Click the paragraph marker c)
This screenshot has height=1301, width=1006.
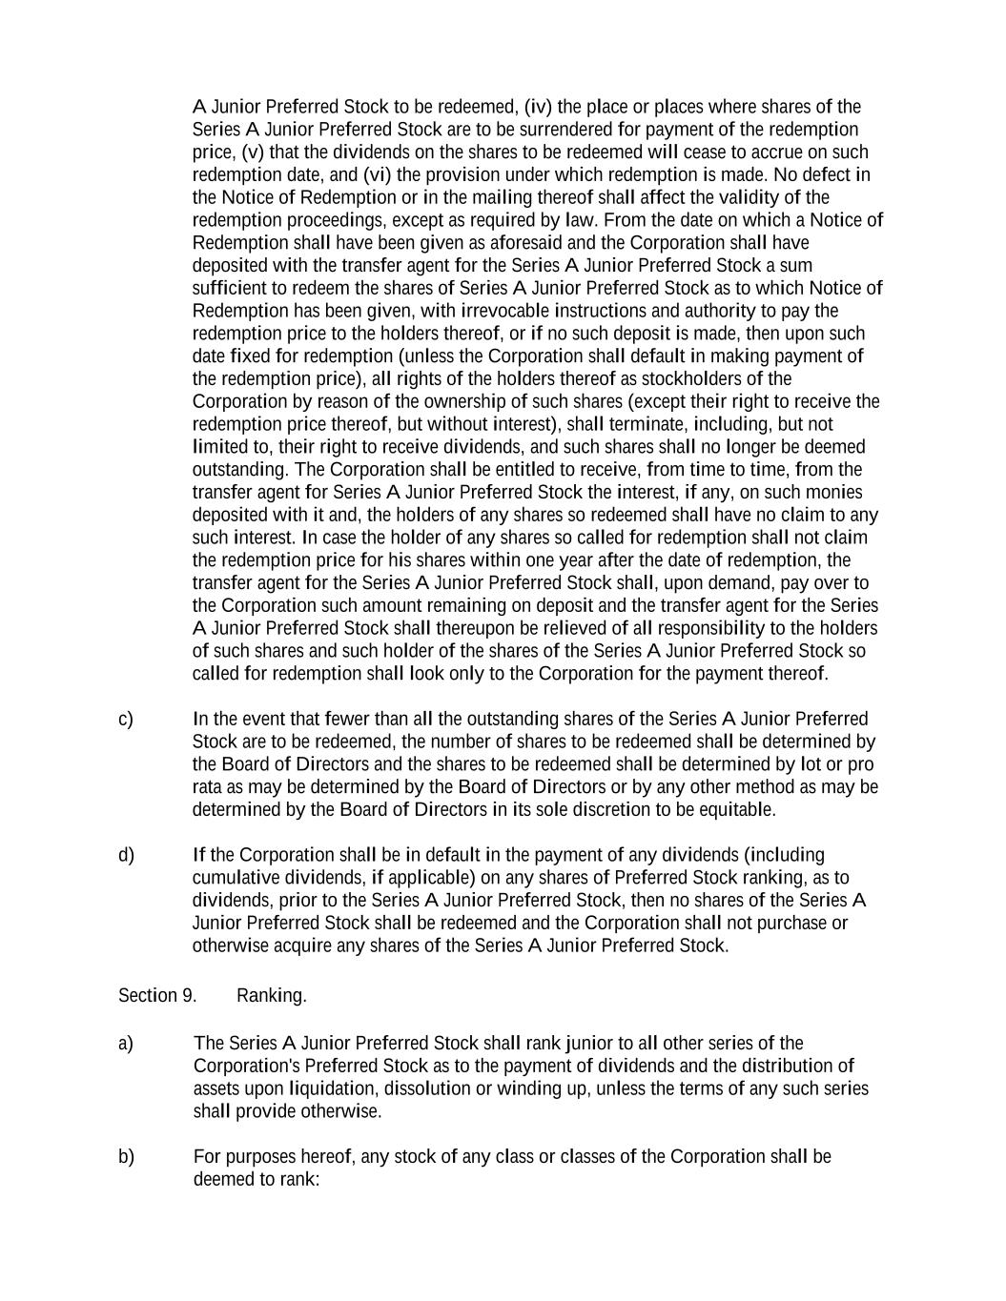(126, 719)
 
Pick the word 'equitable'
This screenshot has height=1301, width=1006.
(737, 810)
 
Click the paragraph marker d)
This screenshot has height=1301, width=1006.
(126, 855)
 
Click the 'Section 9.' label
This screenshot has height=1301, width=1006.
(157, 996)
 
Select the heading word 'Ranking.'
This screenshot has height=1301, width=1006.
(272, 996)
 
